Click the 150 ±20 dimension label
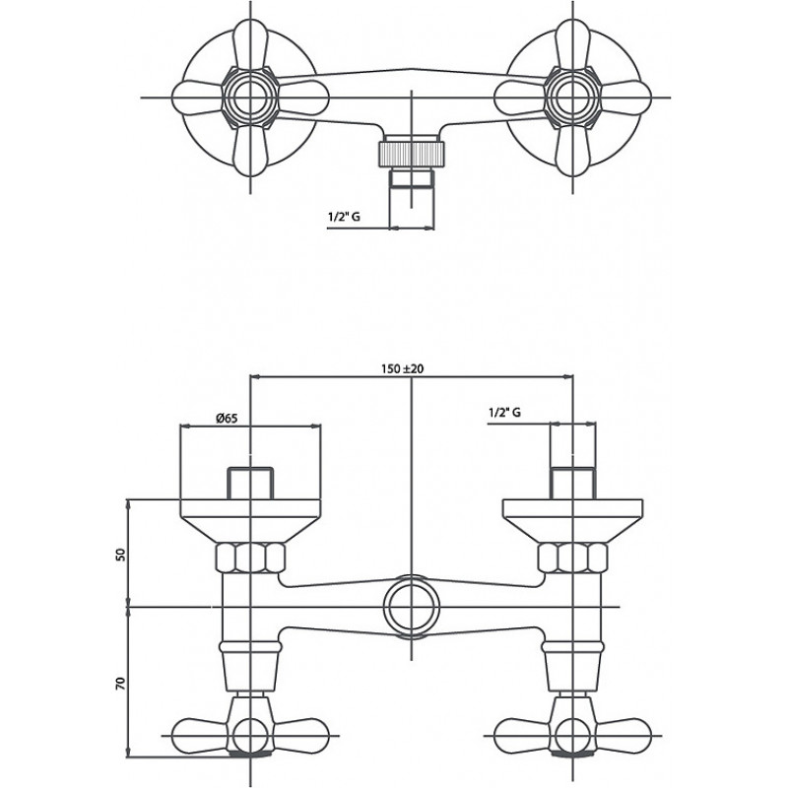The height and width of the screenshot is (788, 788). click(402, 368)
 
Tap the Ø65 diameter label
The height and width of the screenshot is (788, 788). click(227, 418)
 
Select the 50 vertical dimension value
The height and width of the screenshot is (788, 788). click(120, 555)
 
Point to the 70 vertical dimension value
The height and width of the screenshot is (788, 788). click(120, 683)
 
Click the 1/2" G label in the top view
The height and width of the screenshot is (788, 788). click(344, 217)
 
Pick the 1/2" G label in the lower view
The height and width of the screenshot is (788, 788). click(504, 413)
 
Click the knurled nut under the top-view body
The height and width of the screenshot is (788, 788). click(412, 154)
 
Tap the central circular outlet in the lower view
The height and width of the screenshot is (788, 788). click(412, 607)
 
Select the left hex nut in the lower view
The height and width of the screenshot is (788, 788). click(250, 558)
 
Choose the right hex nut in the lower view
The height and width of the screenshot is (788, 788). click(572, 558)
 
